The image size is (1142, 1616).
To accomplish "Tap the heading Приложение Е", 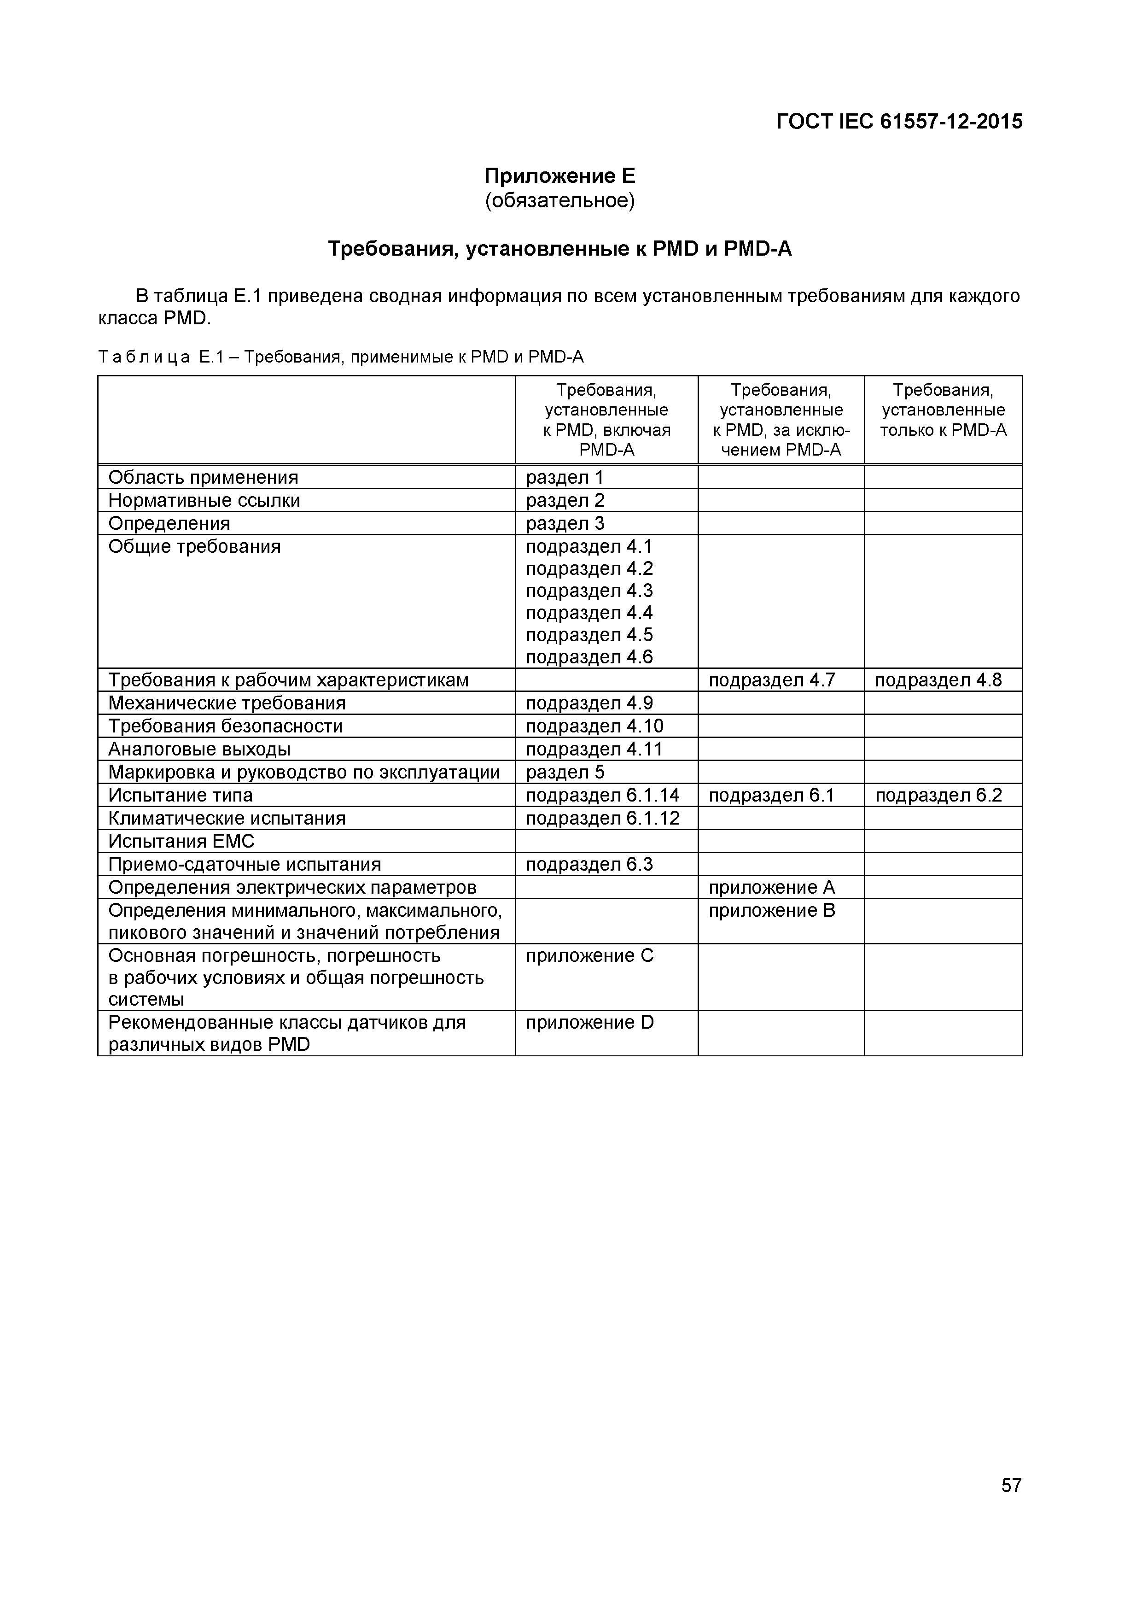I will (x=559, y=175).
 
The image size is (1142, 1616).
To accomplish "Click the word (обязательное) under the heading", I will (x=559, y=201).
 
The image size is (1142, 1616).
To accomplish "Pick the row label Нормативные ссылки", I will (x=204, y=500).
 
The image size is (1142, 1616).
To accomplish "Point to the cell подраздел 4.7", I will (x=771, y=680).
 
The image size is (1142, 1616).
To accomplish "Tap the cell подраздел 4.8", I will (x=938, y=680).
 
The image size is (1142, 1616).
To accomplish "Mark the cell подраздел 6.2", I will (x=938, y=795).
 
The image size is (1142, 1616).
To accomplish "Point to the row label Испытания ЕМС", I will (x=181, y=841).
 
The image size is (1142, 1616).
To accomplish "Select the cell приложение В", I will (x=771, y=910).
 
